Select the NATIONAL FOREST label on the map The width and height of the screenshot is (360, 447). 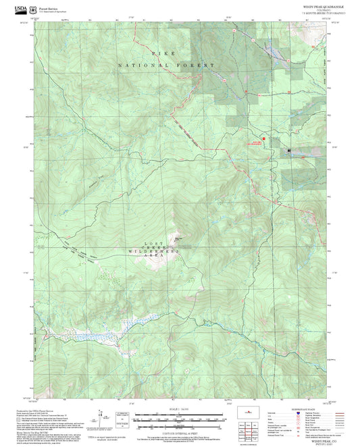pyautogui.click(x=166, y=65)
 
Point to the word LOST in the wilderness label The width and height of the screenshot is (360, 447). pyautogui.click(x=152, y=243)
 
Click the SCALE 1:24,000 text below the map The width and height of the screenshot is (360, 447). pyautogui.click(x=179, y=409)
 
